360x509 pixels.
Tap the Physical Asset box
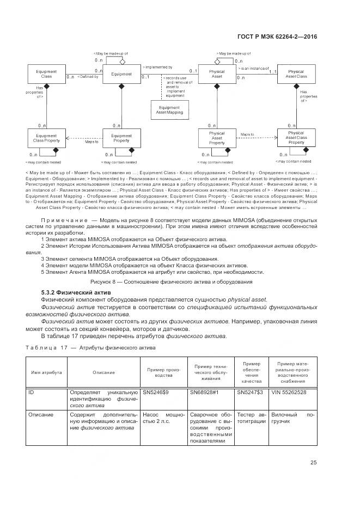[x=217, y=74]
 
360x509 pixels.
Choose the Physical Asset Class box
[x=296, y=74]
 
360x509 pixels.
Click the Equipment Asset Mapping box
[x=169, y=109]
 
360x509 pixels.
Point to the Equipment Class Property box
[x=46, y=138]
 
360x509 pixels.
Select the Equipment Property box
[x=121, y=138]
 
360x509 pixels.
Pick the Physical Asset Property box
[x=217, y=138]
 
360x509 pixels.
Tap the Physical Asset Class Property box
[x=296, y=138]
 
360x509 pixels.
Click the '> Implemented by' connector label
[x=157, y=66]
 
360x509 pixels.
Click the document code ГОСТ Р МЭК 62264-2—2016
[x=278, y=37]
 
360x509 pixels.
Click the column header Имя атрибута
[x=46, y=372]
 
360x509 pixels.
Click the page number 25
[x=314, y=463]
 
